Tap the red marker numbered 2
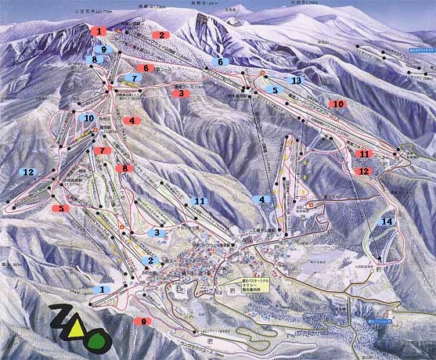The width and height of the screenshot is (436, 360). click(x=160, y=35)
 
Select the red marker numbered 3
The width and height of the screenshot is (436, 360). click(x=181, y=93)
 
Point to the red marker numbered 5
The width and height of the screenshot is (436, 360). click(x=60, y=209)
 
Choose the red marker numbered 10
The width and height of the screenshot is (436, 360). click(x=337, y=103)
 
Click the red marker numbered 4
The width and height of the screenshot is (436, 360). click(x=131, y=121)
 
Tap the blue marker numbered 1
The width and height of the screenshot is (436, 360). click(x=101, y=289)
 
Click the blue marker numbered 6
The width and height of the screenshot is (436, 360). click(x=220, y=61)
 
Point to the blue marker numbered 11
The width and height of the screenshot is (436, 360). click(x=198, y=201)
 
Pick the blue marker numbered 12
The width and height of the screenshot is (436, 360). click(x=28, y=171)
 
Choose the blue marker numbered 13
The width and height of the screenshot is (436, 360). click(x=295, y=80)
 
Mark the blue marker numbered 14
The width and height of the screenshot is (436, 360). click(x=386, y=221)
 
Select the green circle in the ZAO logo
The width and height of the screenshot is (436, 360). click(x=99, y=340)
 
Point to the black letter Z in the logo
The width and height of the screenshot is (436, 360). click(x=60, y=317)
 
